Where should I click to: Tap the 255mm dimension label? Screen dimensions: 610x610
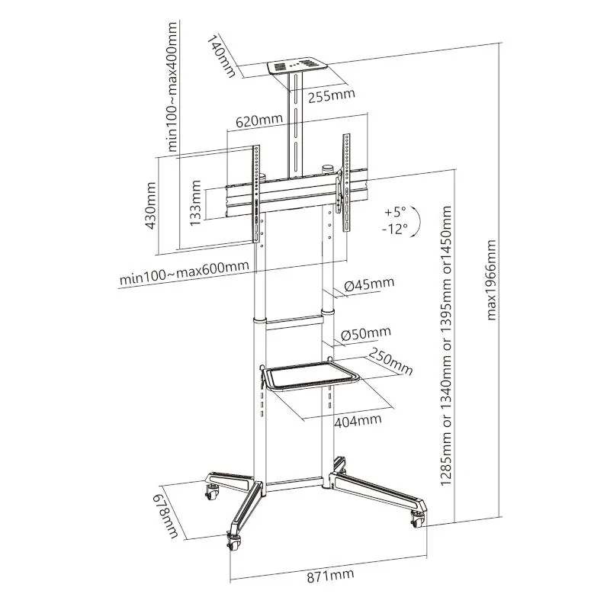coord(332,95)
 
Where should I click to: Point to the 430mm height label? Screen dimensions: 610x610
coord(150,206)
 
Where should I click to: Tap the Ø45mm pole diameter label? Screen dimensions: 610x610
coord(369,284)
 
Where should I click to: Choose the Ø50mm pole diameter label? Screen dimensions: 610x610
coord(366,333)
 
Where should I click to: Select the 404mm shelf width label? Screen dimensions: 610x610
coord(358,420)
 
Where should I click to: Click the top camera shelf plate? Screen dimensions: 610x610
coord(297,66)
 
